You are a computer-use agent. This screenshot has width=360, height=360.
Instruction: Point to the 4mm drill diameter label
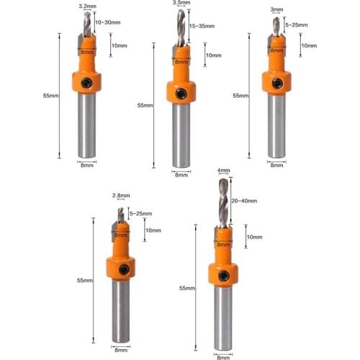[224, 171]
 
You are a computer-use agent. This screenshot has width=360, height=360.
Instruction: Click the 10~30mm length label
[107, 23]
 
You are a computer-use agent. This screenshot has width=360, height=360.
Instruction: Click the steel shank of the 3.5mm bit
[180, 137]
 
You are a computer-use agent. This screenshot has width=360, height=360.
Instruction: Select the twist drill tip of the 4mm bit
[224, 205]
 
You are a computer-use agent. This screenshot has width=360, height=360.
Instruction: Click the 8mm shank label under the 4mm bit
[224, 356]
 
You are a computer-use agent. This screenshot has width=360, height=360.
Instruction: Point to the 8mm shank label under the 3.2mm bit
[86, 165]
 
